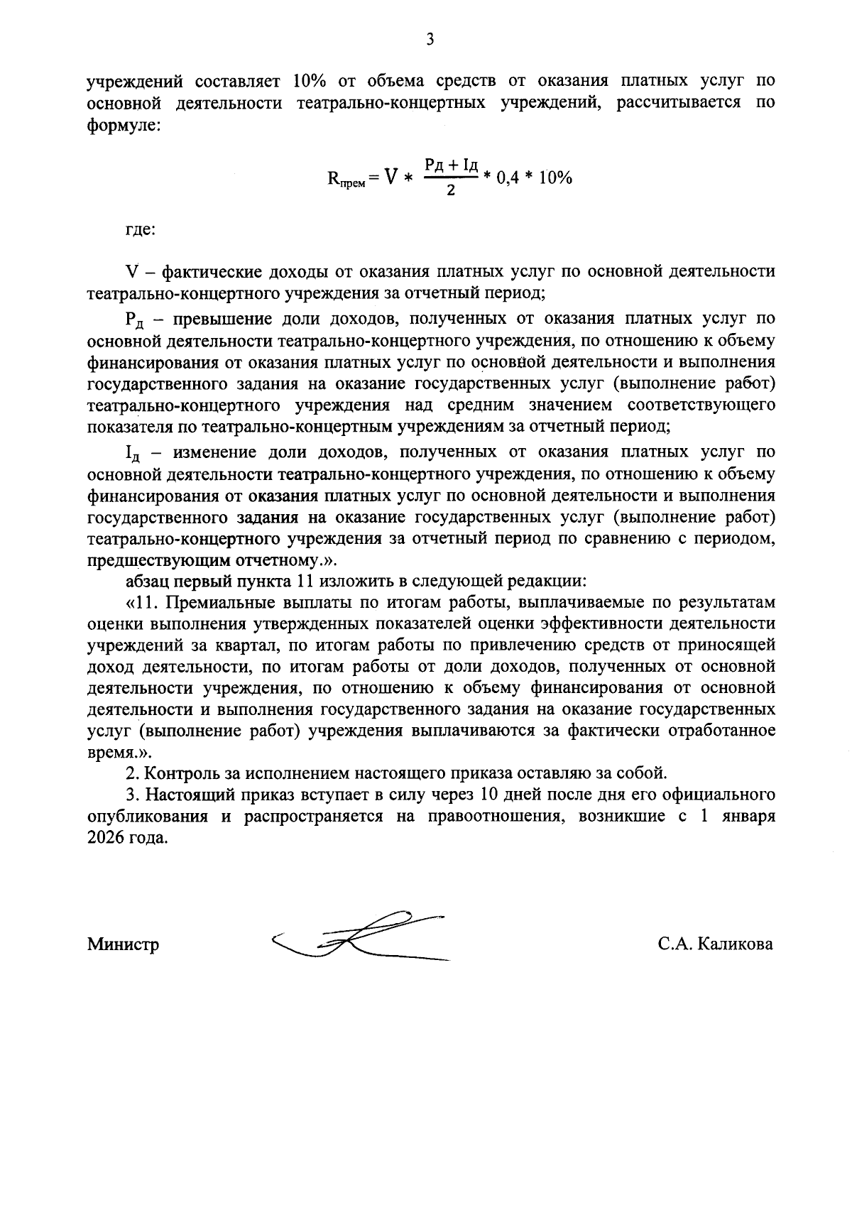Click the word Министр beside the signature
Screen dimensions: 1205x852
(123, 944)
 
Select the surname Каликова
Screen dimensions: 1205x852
(734, 944)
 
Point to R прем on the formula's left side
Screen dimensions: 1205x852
(346, 179)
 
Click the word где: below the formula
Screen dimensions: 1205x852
(141, 230)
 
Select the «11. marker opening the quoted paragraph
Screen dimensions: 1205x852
(142, 603)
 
